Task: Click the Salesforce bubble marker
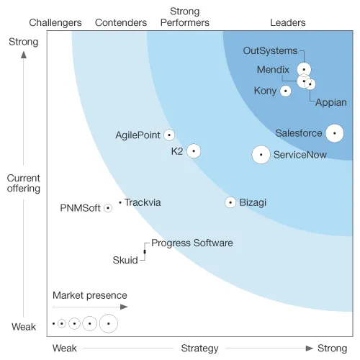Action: tap(335, 133)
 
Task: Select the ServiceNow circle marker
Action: tap(261, 155)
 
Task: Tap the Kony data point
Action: tap(286, 91)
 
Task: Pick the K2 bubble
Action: tap(194, 151)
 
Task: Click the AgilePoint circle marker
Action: tap(169, 135)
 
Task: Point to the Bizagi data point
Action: tap(230, 202)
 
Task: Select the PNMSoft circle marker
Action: tap(108, 208)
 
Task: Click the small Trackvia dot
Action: tap(120, 202)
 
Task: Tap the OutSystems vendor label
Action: tap(270, 51)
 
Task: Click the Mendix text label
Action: tap(273, 70)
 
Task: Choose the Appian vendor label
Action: tap(331, 103)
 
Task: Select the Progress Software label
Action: tap(192, 243)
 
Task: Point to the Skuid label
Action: tap(125, 260)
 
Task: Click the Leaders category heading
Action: tap(288, 22)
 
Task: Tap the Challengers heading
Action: tap(55, 23)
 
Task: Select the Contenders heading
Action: tap(121, 22)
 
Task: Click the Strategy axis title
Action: tap(199, 348)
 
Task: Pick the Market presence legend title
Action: tap(90, 295)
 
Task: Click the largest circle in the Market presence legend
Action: tap(109, 323)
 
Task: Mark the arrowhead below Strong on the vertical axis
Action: tap(24, 55)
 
